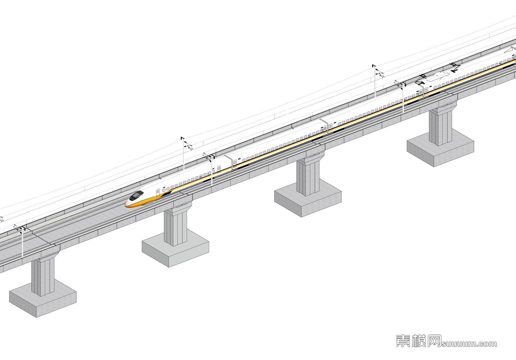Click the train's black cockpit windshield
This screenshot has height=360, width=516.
[x=136, y=195]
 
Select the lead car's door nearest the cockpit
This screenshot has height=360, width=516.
[x=158, y=193]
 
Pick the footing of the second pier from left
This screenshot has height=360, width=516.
[x=175, y=250]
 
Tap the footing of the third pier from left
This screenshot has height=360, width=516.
[x=308, y=200]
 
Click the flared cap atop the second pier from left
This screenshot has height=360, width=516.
[x=178, y=207]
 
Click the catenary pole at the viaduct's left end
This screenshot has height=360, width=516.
[x=22, y=242]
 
